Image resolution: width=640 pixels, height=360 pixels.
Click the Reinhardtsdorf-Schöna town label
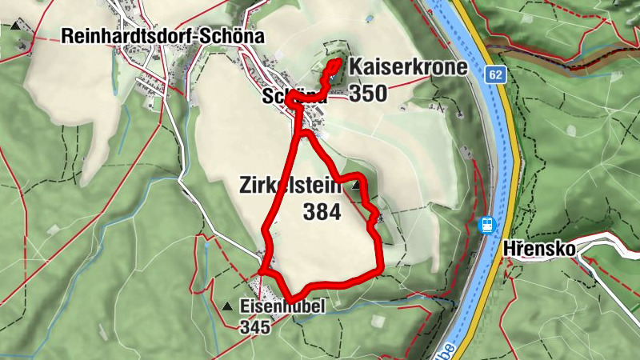click(163, 37)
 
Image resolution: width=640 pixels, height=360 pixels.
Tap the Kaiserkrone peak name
click(409, 66)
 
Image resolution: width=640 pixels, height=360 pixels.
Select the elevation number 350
click(367, 94)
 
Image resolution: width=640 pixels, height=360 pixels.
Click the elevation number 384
click(322, 212)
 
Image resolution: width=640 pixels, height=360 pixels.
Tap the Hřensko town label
click(540, 249)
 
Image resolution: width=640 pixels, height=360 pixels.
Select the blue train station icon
click(486, 225)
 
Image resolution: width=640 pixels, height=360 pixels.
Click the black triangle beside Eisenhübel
click(229, 306)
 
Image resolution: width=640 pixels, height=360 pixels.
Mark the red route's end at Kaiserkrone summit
click(338, 62)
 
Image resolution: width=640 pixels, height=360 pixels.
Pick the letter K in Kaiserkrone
click(357, 66)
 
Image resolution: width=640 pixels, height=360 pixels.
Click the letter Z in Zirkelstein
click(245, 186)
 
